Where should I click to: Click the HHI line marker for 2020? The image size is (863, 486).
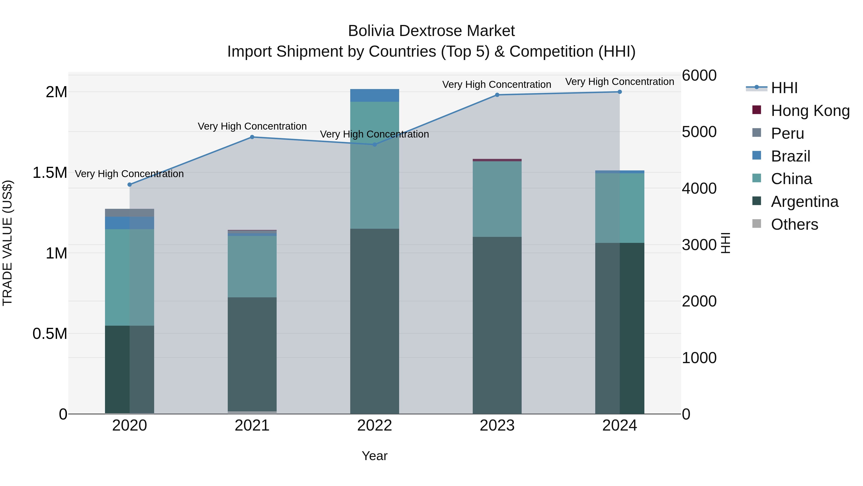(130, 185)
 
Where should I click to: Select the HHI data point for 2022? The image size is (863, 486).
(374, 144)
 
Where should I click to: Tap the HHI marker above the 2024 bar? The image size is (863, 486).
(619, 92)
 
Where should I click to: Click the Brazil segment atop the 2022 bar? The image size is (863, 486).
(374, 96)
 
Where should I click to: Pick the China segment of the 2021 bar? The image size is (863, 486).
(252, 267)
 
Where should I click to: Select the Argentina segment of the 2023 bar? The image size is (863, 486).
(497, 325)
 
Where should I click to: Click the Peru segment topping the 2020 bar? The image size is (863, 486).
(130, 213)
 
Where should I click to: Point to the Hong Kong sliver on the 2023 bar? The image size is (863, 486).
(497, 160)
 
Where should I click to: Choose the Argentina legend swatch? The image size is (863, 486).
(757, 201)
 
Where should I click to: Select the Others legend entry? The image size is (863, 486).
(794, 224)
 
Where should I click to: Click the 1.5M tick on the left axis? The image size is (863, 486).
(50, 173)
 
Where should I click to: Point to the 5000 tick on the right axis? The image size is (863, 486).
(699, 132)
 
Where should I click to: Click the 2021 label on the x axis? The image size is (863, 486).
(252, 425)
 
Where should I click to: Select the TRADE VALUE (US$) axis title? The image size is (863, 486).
(7, 243)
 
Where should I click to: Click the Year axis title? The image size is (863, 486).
(374, 456)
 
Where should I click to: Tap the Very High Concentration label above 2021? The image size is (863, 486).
(252, 126)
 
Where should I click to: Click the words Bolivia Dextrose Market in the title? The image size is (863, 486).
(431, 31)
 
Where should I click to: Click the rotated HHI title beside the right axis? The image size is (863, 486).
(725, 243)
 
